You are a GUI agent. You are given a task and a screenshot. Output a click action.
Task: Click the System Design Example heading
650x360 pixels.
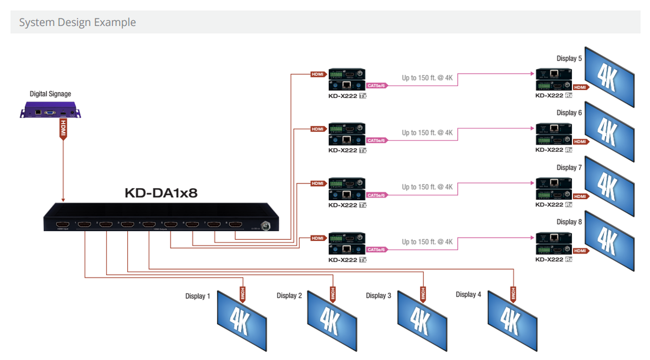point(77,23)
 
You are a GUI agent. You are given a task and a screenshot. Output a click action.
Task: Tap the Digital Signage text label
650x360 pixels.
point(50,94)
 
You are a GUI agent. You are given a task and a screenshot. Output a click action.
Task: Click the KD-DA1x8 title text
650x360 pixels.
point(161,193)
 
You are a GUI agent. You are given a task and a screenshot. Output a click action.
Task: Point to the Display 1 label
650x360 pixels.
point(198,296)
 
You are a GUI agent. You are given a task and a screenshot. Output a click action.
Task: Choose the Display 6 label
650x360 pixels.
point(569,113)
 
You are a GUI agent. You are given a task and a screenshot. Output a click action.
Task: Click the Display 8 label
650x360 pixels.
point(569,222)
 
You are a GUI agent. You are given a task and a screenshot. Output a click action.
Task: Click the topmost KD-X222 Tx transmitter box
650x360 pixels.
point(347,79)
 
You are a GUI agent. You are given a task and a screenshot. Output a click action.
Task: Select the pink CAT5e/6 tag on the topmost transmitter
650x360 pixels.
point(376,86)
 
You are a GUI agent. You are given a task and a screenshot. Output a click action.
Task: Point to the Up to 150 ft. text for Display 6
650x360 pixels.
point(427,133)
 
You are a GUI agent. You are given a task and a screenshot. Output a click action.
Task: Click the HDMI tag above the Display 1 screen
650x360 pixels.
point(243,293)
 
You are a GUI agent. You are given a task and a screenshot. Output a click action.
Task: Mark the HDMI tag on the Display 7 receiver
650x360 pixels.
point(581,197)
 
